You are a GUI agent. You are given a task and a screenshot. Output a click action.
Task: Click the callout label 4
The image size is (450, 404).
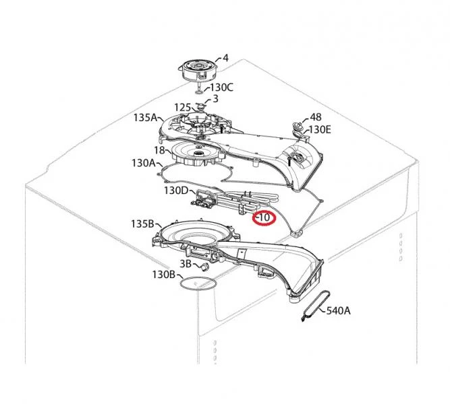click(x=225, y=58)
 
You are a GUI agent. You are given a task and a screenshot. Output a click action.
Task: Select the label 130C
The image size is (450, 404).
click(x=222, y=87)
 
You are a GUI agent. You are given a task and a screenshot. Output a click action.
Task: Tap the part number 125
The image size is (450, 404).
click(x=183, y=108)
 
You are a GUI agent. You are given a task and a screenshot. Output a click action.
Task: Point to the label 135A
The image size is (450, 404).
click(x=145, y=117)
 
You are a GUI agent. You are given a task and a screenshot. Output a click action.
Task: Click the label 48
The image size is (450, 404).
click(x=315, y=117)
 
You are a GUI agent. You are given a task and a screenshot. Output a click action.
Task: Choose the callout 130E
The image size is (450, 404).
click(x=320, y=130)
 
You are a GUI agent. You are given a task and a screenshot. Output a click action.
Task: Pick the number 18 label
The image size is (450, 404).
click(x=159, y=150)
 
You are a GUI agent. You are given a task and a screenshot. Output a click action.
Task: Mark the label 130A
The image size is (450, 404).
click(x=144, y=163)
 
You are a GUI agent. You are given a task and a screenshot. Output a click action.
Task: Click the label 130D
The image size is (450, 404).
click(x=175, y=191)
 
